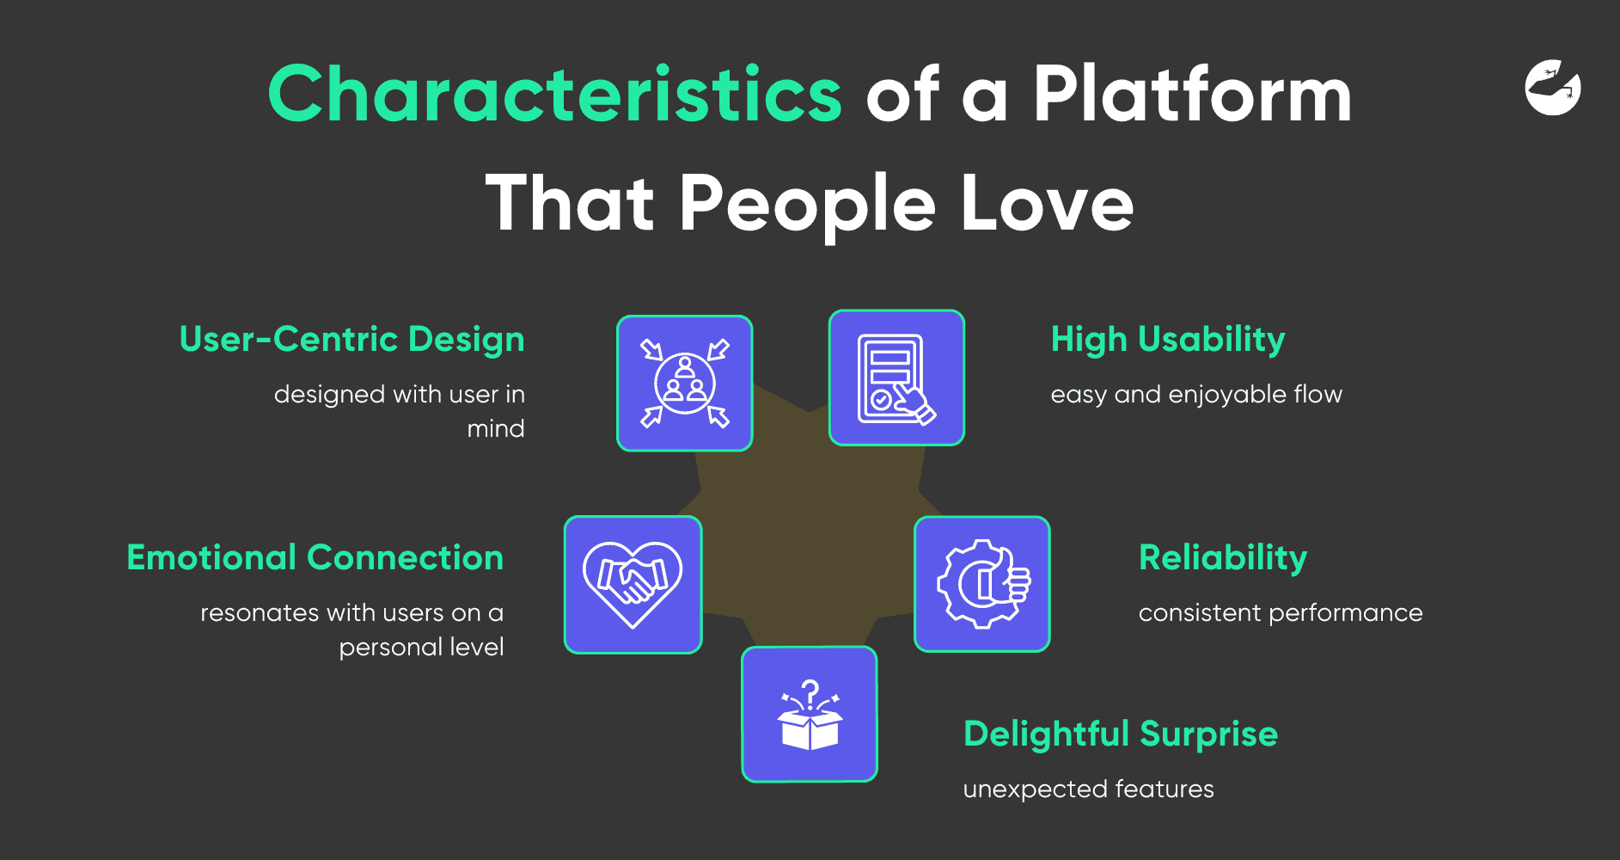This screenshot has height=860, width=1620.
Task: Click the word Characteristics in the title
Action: point(554,94)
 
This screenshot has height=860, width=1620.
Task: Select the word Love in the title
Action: point(1047,203)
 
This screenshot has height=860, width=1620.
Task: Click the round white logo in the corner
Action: point(1553,87)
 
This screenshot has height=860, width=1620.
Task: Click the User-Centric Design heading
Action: point(352,339)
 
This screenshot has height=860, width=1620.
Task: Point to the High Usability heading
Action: point(1168,340)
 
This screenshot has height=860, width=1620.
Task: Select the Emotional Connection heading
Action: point(315,557)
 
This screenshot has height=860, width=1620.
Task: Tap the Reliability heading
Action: point(1223,558)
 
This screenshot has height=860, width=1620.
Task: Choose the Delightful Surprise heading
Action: point(1121,734)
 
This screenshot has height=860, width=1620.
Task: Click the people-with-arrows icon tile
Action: point(685,384)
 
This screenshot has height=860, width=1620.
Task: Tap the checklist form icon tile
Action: point(896,378)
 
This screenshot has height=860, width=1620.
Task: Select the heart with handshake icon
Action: point(633,585)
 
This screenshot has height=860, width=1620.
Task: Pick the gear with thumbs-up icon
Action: point(982,584)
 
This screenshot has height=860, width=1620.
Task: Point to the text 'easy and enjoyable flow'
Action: point(1196,395)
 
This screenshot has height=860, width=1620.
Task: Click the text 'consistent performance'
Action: point(1281,612)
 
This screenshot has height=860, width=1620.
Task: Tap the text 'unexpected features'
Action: point(1088,789)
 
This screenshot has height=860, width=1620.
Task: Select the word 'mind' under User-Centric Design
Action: point(496,428)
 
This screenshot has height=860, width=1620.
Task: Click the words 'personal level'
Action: point(421,647)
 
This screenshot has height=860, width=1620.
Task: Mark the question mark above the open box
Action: point(810,693)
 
